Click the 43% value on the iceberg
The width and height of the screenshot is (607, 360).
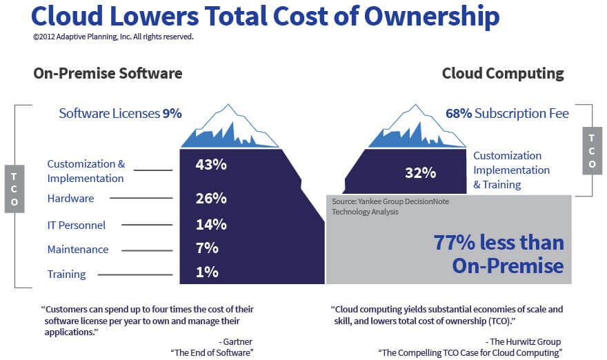coord(211,165)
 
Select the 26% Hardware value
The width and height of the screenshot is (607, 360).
coord(211,199)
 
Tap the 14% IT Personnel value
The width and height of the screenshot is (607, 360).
coord(211,224)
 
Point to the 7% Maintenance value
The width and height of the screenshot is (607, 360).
coord(207,248)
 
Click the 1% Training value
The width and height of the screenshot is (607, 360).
coord(207,272)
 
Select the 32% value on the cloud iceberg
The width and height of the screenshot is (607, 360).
coord(420,173)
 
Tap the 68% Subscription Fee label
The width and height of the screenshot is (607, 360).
coord(507,113)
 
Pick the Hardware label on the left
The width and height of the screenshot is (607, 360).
coord(70,199)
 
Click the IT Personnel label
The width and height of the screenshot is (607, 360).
coord(76,225)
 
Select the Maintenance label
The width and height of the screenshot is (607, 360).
coord(77,250)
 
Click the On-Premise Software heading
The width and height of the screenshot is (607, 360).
coord(108,74)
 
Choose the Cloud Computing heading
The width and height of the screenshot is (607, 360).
coord(503,74)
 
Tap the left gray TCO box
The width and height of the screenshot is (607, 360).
coord(14,188)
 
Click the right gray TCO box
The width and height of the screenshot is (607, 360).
coord(592,150)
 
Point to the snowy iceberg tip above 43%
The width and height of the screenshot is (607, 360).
coord(229,128)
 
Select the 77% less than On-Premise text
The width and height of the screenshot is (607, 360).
coord(498,254)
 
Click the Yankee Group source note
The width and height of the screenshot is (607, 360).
coord(377,207)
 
